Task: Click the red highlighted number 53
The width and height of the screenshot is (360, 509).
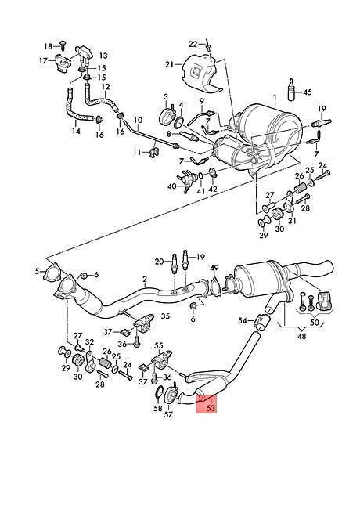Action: (211, 408)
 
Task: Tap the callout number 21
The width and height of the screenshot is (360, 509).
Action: (170, 64)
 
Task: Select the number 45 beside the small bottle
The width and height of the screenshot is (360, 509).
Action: (307, 92)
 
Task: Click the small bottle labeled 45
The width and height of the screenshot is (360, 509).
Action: (292, 88)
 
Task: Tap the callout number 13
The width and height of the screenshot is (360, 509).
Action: (103, 56)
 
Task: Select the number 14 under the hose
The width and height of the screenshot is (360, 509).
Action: (76, 131)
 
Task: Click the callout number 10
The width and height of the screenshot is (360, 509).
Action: (138, 121)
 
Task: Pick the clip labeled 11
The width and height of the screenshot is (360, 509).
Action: (153, 152)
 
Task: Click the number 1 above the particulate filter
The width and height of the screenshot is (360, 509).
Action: (275, 97)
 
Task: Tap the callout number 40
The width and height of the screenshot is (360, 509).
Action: (172, 186)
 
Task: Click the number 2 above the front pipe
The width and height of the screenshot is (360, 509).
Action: (145, 279)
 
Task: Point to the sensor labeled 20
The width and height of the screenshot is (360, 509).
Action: (174, 262)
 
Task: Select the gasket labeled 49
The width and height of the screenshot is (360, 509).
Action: (215, 287)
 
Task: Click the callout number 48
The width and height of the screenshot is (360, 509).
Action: (301, 336)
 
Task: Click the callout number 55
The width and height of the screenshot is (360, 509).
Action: (159, 346)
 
